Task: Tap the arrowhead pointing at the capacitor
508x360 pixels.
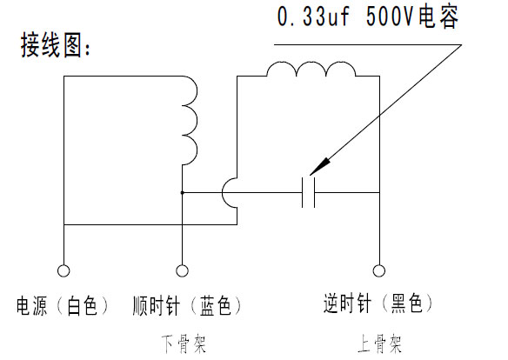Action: (x=320, y=166)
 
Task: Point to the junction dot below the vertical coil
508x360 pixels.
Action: (x=182, y=193)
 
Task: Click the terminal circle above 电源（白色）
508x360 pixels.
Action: (x=63, y=270)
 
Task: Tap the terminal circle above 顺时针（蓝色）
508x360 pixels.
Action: (x=182, y=270)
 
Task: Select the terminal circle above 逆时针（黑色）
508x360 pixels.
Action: (x=379, y=270)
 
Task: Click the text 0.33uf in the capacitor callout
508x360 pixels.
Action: (x=313, y=17)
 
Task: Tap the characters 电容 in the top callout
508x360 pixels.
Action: (x=438, y=17)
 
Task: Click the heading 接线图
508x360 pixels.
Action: (x=51, y=45)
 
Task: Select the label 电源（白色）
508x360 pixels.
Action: (x=63, y=305)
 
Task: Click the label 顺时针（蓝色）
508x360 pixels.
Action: (x=187, y=305)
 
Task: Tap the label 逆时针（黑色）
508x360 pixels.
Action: (x=378, y=303)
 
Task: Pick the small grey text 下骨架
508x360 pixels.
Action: (x=184, y=344)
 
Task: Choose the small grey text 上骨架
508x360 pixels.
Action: (x=380, y=344)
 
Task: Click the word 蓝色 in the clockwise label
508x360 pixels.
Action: (x=215, y=305)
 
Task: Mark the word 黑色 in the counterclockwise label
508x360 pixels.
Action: (x=407, y=303)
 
